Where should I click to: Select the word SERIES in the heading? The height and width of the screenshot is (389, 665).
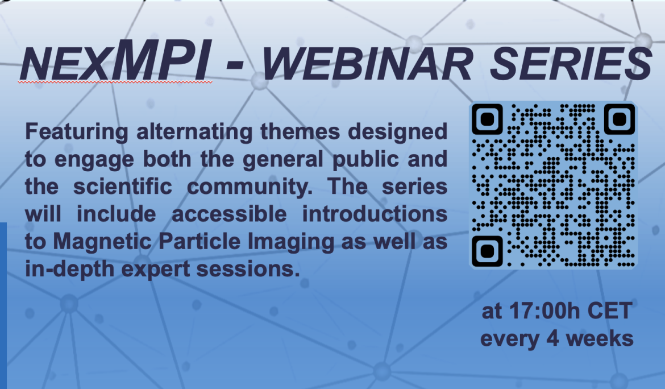coord(571,64)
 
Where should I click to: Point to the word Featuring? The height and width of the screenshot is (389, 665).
coord(76,131)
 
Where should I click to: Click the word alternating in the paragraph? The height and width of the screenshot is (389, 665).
coord(194,131)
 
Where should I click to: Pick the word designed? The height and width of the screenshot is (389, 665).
coord(397,131)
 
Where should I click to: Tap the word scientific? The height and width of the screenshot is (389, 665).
coord(123,187)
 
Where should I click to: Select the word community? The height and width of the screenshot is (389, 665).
coord(250,187)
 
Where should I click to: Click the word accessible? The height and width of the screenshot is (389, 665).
coord(229,214)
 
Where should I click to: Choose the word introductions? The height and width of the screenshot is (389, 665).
coord(375,214)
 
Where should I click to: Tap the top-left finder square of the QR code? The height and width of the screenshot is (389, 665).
coord(487,119)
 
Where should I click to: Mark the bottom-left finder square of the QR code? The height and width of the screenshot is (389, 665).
coord(487,251)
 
